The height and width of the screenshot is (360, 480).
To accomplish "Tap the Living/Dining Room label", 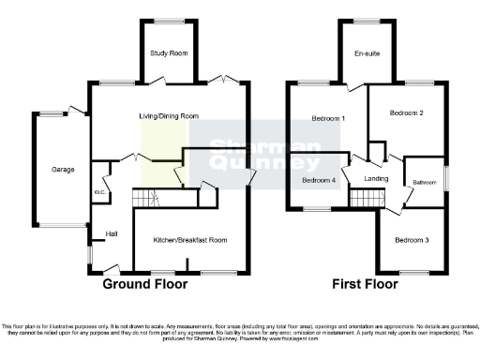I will coord(169,116).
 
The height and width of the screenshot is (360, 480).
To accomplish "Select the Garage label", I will coord(63,170).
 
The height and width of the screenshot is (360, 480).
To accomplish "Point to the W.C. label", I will coord(97,193).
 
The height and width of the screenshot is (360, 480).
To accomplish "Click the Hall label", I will coord(111,232).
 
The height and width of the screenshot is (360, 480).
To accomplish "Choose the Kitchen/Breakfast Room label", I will coord(190,240).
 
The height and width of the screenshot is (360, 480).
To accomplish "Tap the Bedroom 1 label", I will coord(329,119).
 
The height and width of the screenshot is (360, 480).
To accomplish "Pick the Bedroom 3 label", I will coord(412,240).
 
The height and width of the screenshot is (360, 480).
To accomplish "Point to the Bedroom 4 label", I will coord(319,179).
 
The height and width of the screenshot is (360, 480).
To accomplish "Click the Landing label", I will coord(376,178).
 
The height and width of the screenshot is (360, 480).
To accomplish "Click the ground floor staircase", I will coord(143,199).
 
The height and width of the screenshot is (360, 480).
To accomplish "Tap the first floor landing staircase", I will coord(367,198).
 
